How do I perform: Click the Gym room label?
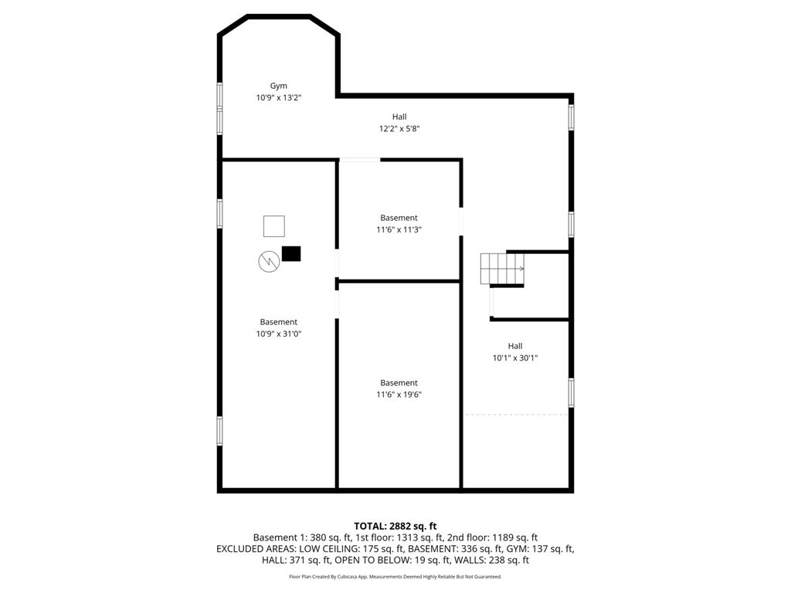click(278, 86)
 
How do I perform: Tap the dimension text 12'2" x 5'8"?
click(399, 129)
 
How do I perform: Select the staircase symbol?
click(502, 269)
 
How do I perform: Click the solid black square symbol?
click(291, 253)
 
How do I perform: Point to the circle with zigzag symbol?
click(269, 262)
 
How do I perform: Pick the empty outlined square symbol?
click(274, 226)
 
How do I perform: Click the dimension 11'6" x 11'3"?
click(399, 230)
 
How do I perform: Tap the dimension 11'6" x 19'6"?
click(399, 395)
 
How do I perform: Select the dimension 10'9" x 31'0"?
click(279, 334)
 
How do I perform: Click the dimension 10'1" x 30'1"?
click(515, 358)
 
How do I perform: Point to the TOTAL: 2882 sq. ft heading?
click(395, 527)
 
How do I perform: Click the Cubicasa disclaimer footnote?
click(395, 576)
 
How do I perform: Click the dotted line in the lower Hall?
click(515, 415)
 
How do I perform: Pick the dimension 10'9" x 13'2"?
click(279, 98)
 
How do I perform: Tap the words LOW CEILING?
click(330, 549)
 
